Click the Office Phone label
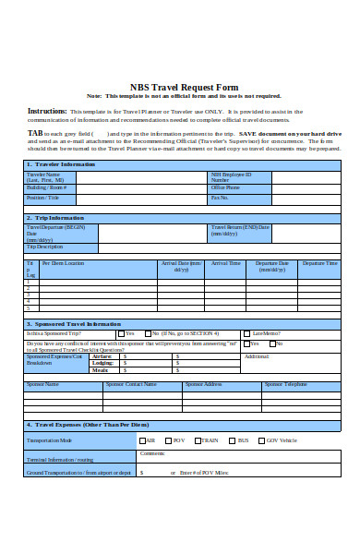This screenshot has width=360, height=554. pos(226,187)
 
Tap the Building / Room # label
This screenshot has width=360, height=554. pos(47,187)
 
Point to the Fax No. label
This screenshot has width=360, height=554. pos(220,197)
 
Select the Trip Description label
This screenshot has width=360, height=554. pos(45,247)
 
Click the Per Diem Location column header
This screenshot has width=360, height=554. pos(63,263)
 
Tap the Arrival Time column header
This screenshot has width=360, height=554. pos(226,263)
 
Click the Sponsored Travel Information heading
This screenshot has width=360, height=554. pos(74,324)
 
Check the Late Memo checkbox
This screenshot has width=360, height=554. pos(247,333)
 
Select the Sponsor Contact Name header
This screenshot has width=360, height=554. pos(131,383)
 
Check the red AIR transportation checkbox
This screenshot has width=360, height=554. pos(142,440)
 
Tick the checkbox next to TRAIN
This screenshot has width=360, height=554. pos(198,440)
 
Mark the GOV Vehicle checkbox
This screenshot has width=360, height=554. pos(261,440)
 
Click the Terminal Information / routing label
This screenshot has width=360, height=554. pos(60,458)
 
